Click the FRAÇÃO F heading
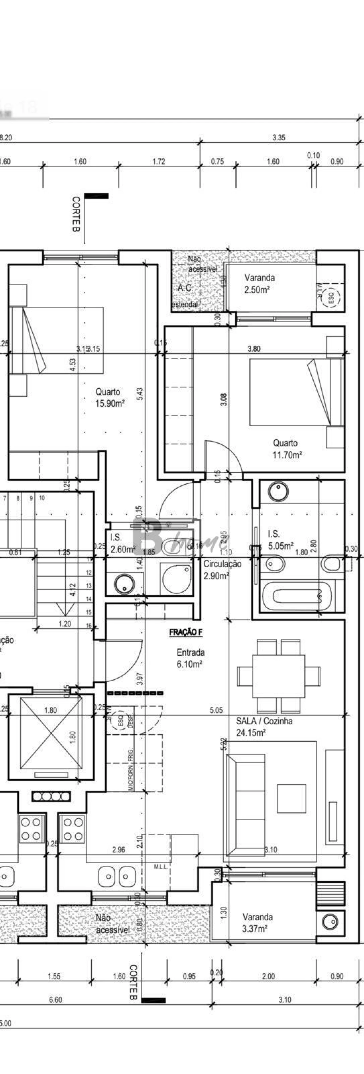point(186,632)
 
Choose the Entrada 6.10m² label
point(190,658)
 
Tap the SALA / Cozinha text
point(264,721)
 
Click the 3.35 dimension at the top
point(279,138)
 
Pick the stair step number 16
point(89,625)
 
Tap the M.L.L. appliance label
point(160,867)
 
